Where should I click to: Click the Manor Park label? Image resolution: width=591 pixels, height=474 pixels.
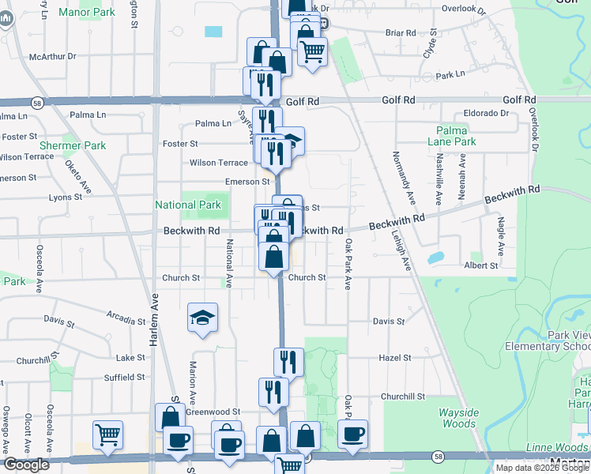coord(88,13)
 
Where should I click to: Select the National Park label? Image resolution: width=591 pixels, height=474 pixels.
coord(187,205)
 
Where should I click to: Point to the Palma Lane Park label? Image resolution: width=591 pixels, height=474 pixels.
coord(456,136)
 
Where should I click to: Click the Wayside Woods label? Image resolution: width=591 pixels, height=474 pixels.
coord(459,418)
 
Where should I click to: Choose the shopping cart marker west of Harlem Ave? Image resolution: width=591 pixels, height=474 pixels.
coord(107,434)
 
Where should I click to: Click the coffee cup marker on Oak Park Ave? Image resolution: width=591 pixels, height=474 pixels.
coord(352,433)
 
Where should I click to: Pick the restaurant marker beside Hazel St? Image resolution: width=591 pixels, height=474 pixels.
coord(288,362)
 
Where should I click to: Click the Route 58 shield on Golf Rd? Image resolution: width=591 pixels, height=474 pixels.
coord(37,103)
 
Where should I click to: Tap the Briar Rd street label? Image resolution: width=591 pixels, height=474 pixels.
coord(401,33)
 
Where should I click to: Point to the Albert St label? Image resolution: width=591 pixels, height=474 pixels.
coord(481,265)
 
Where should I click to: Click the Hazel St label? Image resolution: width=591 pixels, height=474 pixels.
coord(392,358)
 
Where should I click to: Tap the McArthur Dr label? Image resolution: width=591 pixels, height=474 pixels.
coord(52,57)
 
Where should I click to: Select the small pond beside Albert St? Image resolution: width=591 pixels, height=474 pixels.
coord(435,258)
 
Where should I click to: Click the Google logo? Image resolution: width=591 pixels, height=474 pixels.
coord(26,465)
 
